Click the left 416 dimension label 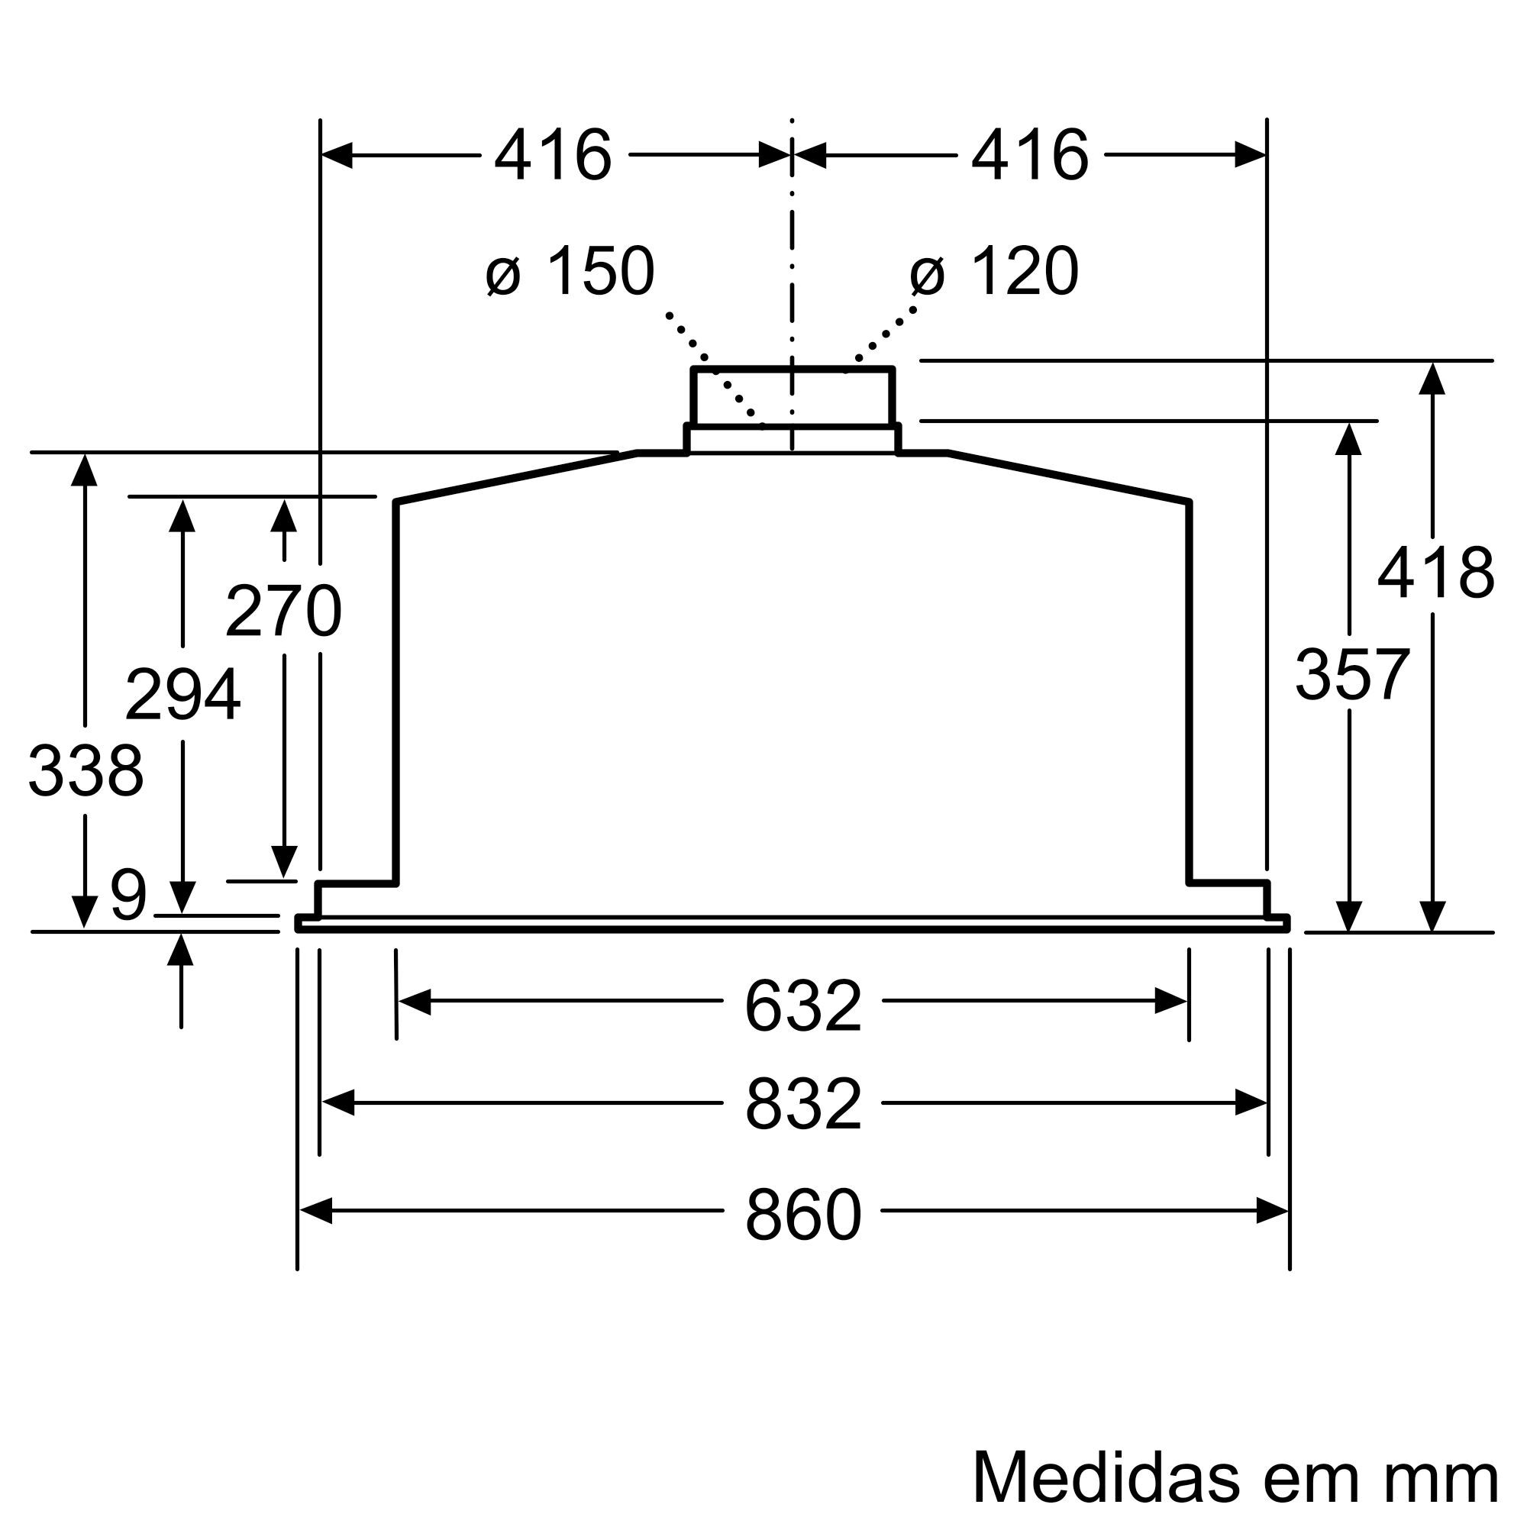(553, 156)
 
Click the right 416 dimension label (1029, 156)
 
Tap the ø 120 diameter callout (993, 272)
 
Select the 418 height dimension (1435, 573)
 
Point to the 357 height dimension (1351, 674)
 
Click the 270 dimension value (283, 610)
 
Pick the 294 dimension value (182, 696)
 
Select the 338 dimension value (86, 770)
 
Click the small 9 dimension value (128, 896)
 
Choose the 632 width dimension (802, 1006)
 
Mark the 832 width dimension (802, 1105)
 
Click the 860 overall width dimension (802, 1215)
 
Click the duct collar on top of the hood (792, 398)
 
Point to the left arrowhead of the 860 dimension (315, 1211)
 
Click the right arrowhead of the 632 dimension (1170, 1002)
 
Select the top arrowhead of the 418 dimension (1432, 379)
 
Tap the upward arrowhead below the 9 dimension (181, 949)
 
